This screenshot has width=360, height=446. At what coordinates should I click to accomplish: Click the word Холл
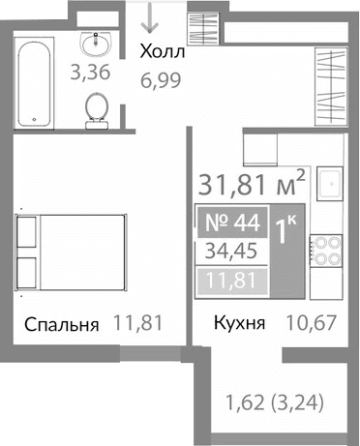point(162,51)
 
